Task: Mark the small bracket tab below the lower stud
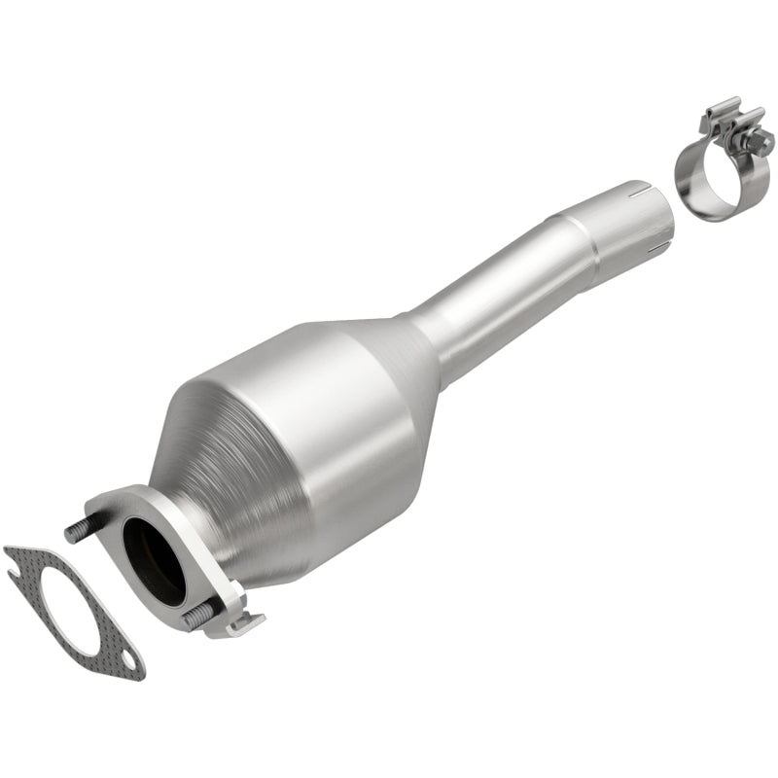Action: pos(238,622)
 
